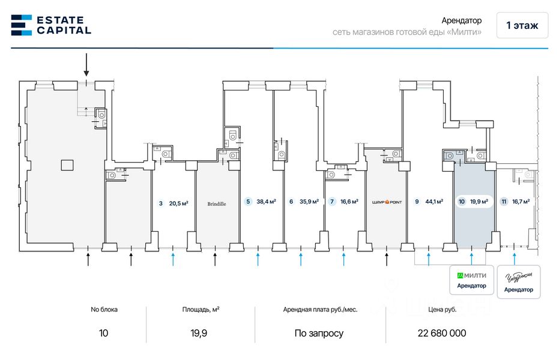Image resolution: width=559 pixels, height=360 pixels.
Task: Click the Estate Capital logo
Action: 51,25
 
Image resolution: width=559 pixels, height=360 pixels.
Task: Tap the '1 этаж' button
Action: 522,25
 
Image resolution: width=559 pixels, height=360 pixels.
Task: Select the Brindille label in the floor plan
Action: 217,203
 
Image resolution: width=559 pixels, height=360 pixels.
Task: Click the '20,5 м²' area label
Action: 179,203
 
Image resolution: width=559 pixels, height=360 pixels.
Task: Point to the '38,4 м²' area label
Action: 266,202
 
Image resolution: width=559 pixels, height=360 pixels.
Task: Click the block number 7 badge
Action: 332,202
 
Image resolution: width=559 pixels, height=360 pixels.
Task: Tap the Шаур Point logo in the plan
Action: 387,202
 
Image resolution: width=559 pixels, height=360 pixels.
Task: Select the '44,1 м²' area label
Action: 434,202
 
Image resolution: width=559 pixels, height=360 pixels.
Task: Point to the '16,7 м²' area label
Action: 520,202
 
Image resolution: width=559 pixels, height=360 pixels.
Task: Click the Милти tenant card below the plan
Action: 471,280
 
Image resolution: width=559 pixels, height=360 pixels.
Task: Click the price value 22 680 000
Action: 441,333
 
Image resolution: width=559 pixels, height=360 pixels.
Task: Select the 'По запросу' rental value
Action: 319,333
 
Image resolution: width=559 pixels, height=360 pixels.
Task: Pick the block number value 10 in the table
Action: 104,333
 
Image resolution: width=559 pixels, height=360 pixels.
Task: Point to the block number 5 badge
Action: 248,202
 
